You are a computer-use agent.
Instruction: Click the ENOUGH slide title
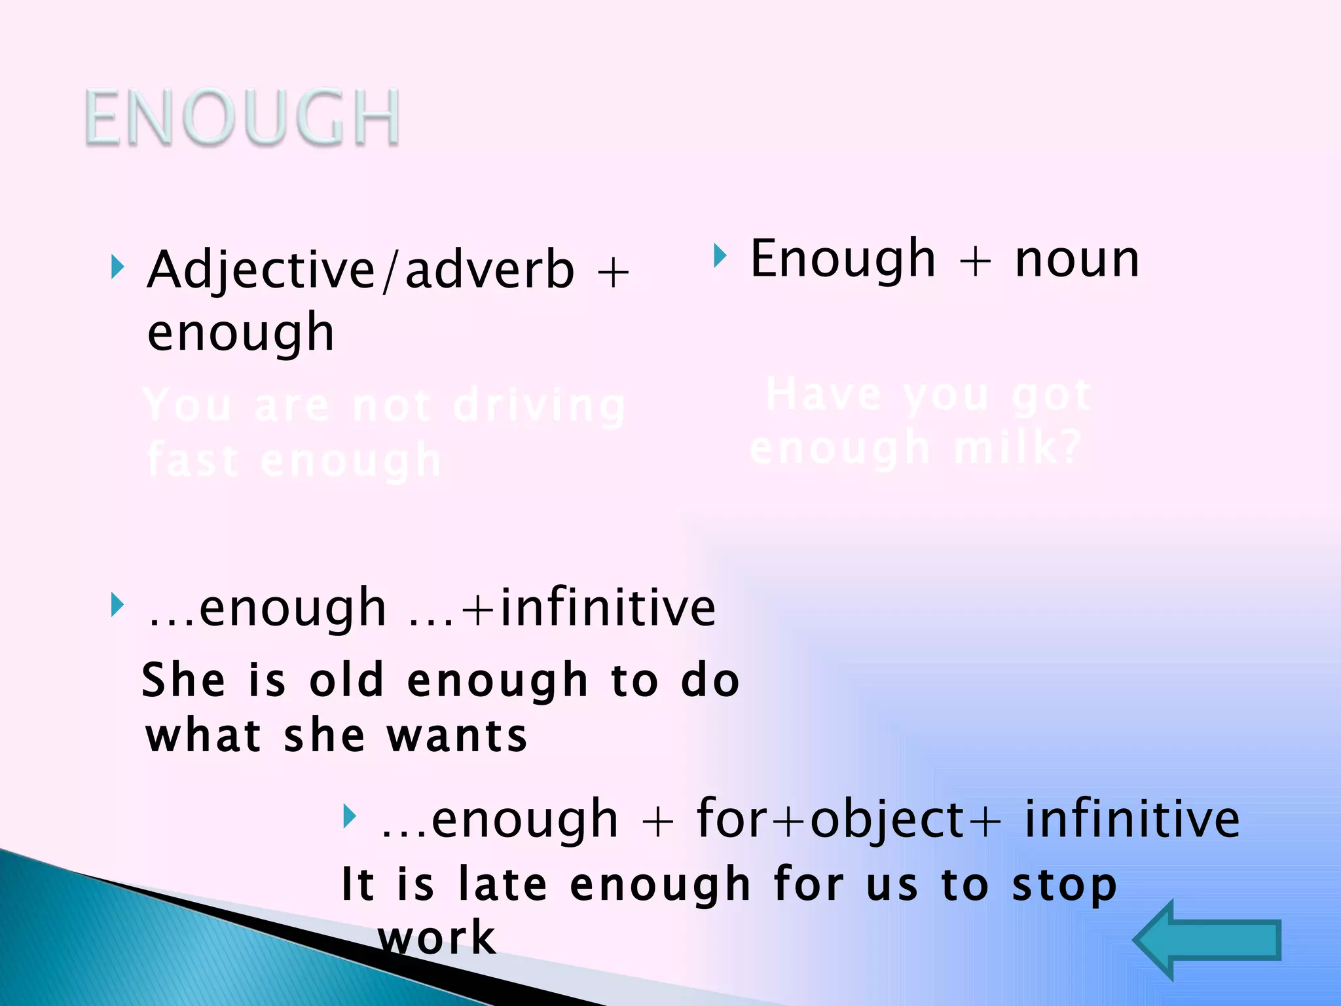[242, 118]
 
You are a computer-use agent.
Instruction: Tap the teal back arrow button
[1207, 941]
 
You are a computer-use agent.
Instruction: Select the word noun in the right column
[1077, 259]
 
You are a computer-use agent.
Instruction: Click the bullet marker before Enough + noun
[720, 255]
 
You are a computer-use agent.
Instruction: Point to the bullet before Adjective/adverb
[117, 267]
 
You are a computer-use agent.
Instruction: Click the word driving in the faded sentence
[540, 406]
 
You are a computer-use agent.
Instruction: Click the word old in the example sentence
[346, 680]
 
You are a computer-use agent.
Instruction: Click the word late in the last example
[502, 885]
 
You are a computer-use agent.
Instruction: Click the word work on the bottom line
[437, 939]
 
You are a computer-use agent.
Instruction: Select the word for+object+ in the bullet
[849, 819]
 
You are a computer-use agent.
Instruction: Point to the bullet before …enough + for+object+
[350, 817]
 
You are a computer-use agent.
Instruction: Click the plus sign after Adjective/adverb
[613, 272]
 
